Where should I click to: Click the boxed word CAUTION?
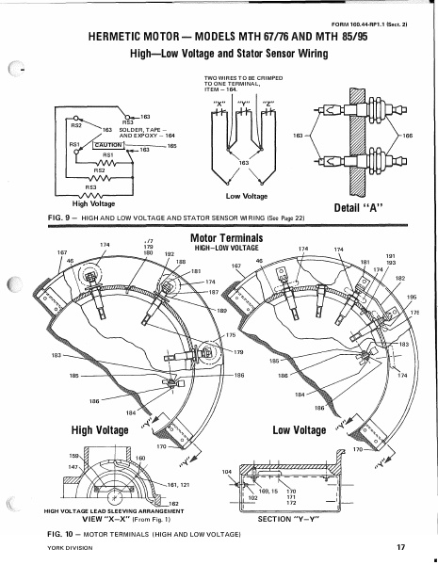tap(109, 145)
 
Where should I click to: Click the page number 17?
tap(401, 547)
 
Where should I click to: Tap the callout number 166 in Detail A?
tap(407, 136)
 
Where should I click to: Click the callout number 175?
tap(230, 335)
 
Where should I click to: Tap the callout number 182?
tap(399, 279)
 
